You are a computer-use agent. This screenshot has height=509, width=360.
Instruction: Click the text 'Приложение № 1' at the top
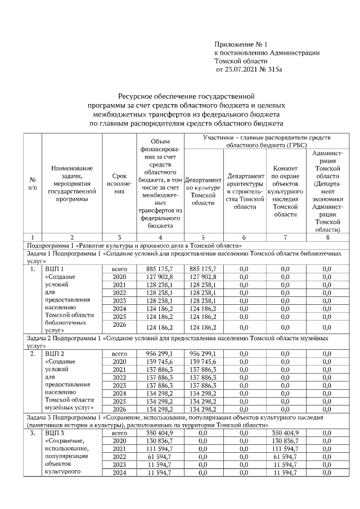pos(242,44)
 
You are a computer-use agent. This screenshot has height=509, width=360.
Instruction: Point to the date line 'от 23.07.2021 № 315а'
pos(249,69)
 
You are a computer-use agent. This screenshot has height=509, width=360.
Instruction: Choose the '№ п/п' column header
pos(33,183)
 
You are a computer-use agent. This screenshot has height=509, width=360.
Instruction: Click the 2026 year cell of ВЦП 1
pos(119,326)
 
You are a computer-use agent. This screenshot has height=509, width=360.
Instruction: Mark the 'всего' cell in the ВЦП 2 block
pos(119,353)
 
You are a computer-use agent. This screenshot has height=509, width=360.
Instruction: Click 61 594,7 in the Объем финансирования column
pos(159,457)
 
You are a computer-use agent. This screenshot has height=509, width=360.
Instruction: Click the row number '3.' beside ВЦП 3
pos(33,434)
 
